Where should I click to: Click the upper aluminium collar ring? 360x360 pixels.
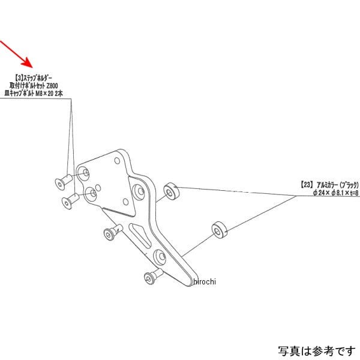pos(173,191)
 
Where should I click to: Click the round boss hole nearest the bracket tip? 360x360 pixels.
pos(159,258)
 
